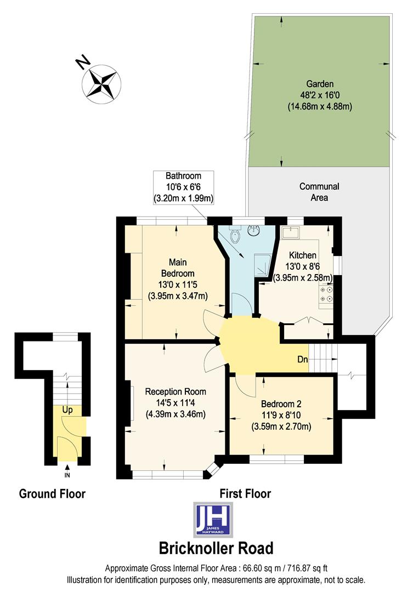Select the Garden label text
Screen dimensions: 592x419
320,84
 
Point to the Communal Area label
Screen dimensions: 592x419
319,192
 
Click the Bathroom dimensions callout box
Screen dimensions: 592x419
183,187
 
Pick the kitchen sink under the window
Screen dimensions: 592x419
291,233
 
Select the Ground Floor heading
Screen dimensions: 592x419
52,493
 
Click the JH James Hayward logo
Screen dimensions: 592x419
214,519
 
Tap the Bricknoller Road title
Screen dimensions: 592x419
216,548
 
